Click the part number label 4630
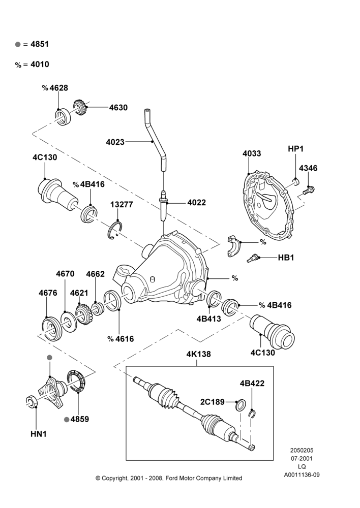pyautogui.click(x=118, y=108)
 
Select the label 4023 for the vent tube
pyautogui.click(x=115, y=142)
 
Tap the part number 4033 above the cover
pyautogui.click(x=252, y=153)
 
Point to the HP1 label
pyautogui.click(x=295, y=149)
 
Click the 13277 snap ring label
pyautogui.click(x=122, y=205)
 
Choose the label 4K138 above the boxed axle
pyautogui.click(x=198, y=354)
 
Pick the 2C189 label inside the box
pyautogui.click(x=213, y=402)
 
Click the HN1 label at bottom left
pyautogui.click(x=39, y=434)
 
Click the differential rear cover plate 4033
pyautogui.click(x=268, y=206)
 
